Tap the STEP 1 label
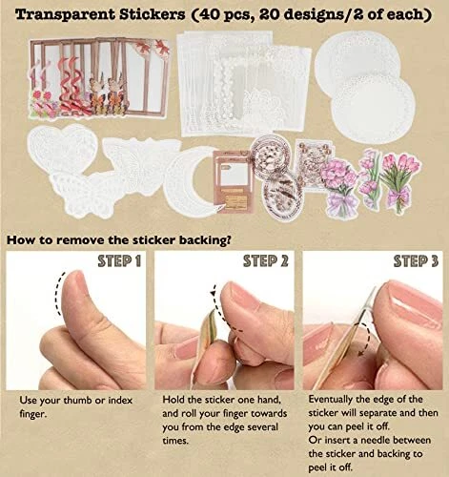pos(119,261)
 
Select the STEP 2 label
pos(266,261)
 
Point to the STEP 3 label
pos(416,261)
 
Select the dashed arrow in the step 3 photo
pos(364,339)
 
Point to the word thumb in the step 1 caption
pos(77,401)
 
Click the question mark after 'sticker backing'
pos(227,240)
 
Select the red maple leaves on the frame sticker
pos(152,47)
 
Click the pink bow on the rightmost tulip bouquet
pos(401,193)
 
